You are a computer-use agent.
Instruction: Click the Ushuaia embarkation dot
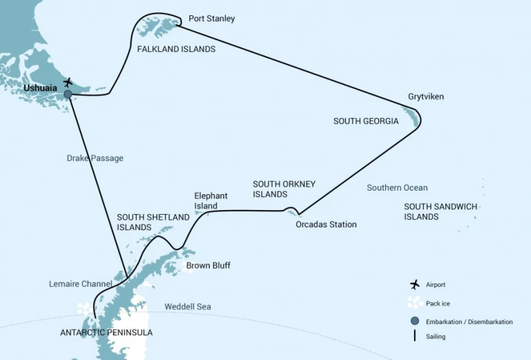[68, 95]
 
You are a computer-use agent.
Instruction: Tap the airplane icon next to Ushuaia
[68, 83]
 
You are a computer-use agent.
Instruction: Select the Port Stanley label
[212, 19]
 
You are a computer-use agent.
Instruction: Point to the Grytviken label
[426, 97]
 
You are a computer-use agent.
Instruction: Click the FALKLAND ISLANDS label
[176, 50]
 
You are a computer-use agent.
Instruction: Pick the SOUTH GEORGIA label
[366, 122]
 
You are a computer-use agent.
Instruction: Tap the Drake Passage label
[95, 158]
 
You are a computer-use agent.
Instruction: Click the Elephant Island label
[211, 201]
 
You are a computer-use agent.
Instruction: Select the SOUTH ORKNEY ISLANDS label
[284, 189]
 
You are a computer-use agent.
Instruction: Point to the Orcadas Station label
[326, 225]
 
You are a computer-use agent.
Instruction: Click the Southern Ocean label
[397, 188]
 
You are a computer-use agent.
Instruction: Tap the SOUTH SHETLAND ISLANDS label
[153, 222]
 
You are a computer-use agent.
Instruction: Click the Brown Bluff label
[208, 265]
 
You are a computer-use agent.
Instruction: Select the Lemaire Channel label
[82, 284]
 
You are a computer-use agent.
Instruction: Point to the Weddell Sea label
[188, 307]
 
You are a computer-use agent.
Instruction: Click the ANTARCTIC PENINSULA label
[106, 332]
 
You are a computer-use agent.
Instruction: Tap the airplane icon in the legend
[415, 285]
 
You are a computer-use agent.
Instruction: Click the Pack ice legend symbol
[415, 303]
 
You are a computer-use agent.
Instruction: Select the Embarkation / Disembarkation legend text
[469, 321]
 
